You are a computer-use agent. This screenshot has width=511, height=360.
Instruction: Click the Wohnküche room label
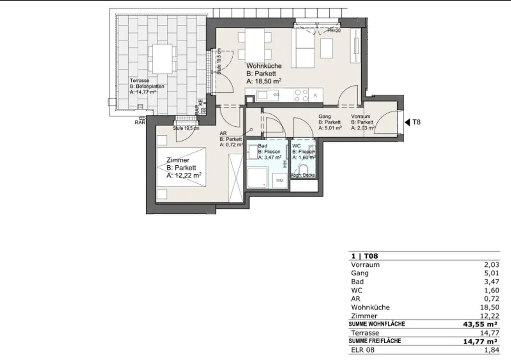[x=264, y=66]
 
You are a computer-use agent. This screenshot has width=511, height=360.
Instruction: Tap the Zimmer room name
[x=178, y=160]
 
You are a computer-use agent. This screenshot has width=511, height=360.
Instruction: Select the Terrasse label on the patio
[x=140, y=80]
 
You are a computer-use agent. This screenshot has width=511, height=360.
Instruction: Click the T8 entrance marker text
[x=416, y=121]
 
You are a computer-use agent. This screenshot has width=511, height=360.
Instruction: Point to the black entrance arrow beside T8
[x=407, y=121]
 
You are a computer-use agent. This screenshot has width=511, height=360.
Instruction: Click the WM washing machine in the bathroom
[x=279, y=180]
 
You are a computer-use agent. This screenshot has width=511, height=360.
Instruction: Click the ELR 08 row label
[x=363, y=350]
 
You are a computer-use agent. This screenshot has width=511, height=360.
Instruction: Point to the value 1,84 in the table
[x=491, y=350]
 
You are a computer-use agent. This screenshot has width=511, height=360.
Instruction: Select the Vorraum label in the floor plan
[x=360, y=116]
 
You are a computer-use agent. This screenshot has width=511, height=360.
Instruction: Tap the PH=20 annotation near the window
[x=333, y=31]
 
